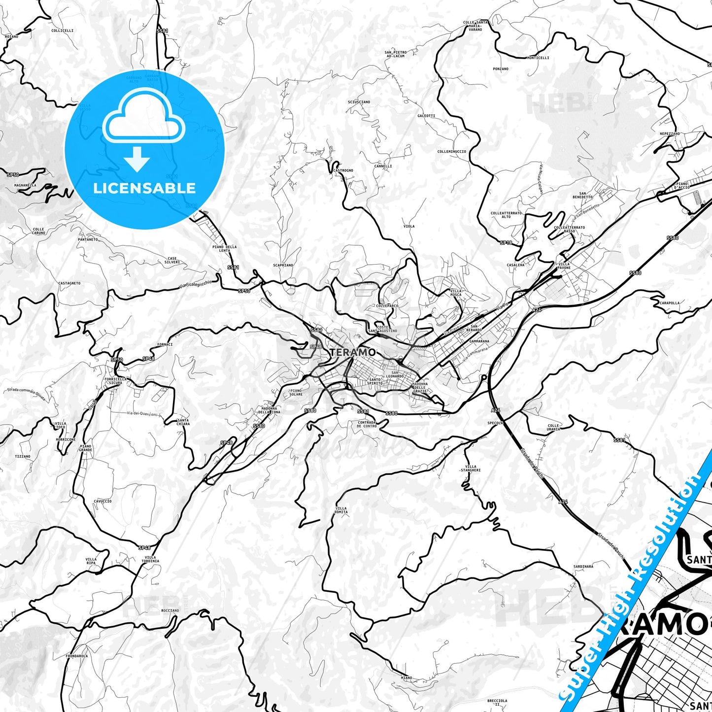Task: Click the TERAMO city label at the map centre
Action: pyautogui.click(x=353, y=352)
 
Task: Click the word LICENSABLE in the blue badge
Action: pyautogui.click(x=144, y=188)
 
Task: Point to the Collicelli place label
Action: pyautogui.click(x=63, y=31)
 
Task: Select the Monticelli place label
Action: pyautogui.click(x=538, y=58)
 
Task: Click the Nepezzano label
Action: pyautogui.click(x=670, y=134)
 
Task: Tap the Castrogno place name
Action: pyautogui.click(x=343, y=170)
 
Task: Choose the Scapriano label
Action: pyautogui.click(x=283, y=265)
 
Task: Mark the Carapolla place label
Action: pyautogui.click(x=670, y=303)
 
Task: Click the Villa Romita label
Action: pyautogui.click(x=341, y=510)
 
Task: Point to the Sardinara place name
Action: pyautogui.click(x=583, y=567)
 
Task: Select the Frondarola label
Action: pyautogui.click(x=77, y=656)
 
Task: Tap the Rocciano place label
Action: pyautogui.click(x=170, y=610)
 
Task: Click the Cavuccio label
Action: pyautogui.click(x=102, y=501)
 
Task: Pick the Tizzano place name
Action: pyautogui.click(x=23, y=456)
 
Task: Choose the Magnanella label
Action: pyautogui.click(x=25, y=185)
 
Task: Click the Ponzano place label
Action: pyautogui.click(x=501, y=69)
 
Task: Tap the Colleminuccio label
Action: pyautogui.click(x=452, y=152)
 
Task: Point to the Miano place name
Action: pyautogui.click(x=407, y=678)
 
